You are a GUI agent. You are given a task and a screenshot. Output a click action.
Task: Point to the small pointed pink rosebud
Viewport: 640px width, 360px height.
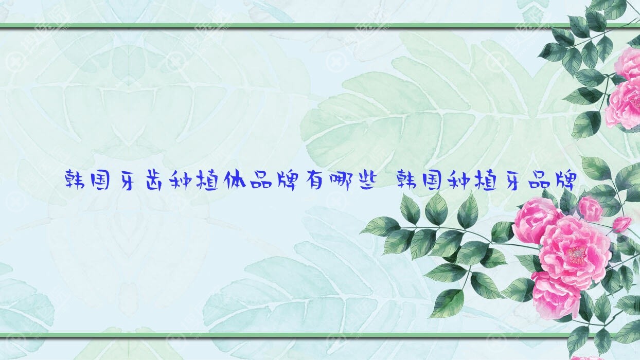[622, 224]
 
